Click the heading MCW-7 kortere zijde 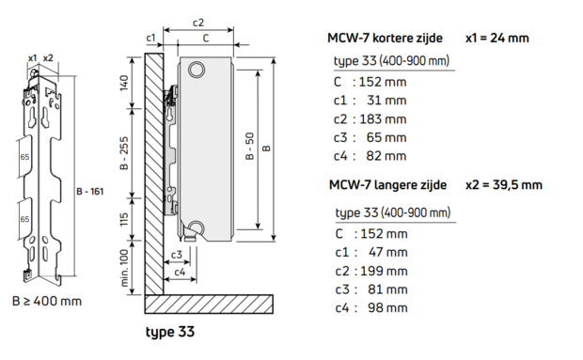[386, 39]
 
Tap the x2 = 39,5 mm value [505, 184]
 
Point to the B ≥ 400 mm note [46, 301]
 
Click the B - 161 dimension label [87, 191]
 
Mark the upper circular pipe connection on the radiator [196, 70]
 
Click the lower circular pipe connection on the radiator [196, 227]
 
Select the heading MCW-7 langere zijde [387, 184]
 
